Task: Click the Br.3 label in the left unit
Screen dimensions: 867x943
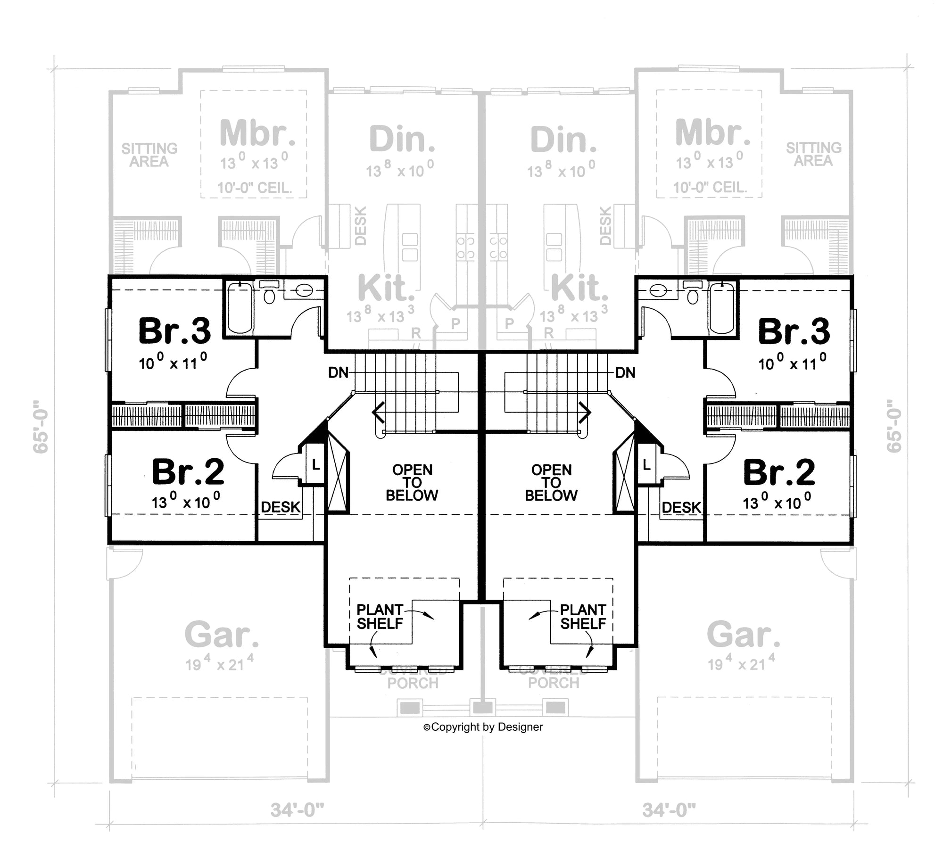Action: tap(174, 331)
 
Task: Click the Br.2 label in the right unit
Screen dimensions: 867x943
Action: tap(779, 472)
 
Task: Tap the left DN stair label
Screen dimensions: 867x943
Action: tap(338, 373)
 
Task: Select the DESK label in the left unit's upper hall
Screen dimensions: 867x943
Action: tap(281, 507)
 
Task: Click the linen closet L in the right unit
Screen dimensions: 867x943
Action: tap(646, 465)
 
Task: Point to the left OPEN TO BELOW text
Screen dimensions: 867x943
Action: tap(412, 482)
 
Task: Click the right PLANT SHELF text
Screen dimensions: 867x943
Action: tap(583, 617)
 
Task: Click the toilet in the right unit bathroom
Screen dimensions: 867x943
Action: tap(693, 294)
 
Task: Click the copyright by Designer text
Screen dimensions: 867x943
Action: tap(483, 727)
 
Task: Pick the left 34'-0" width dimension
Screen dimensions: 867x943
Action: tap(297, 810)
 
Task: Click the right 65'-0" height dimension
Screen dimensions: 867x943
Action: tap(894, 427)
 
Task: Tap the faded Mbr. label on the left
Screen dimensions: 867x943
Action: tap(257, 133)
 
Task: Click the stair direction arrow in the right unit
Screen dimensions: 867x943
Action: tap(585, 412)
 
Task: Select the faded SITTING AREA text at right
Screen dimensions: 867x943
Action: tap(813, 154)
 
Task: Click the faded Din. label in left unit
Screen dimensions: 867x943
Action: tap(402, 139)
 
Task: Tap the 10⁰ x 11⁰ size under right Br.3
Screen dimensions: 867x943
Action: tap(792, 363)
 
